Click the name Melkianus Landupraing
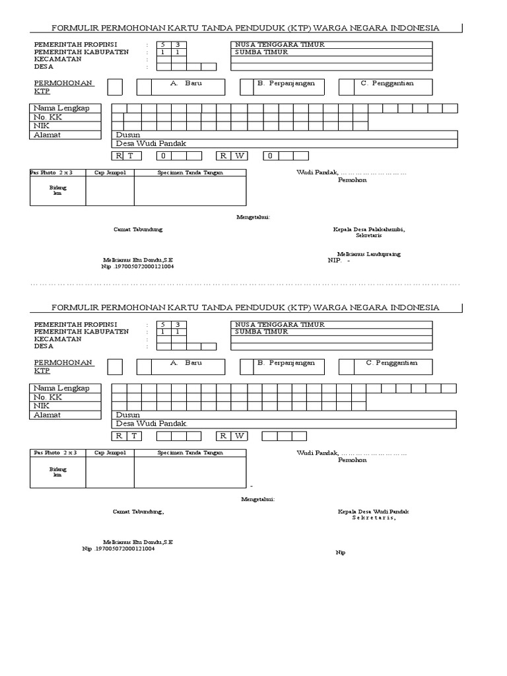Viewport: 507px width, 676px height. click(368, 254)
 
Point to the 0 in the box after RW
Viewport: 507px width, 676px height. click(270, 156)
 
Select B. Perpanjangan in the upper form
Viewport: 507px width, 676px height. click(286, 83)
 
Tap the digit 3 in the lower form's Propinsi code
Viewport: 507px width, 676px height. click(177, 324)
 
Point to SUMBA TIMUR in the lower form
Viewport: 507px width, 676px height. click(262, 331)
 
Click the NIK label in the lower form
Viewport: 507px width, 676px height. click(42, 406)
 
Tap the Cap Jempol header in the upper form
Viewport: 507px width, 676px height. click(110, 172)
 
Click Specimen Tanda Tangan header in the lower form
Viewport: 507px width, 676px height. click(190, 453)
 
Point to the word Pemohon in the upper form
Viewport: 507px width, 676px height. click(352, 180)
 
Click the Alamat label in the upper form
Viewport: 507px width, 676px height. click(48, 135)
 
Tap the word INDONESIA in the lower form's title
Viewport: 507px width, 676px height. click(415, 308)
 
